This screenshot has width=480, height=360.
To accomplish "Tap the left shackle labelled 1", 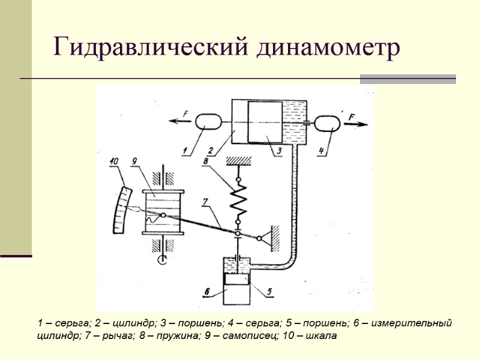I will pos(207,122).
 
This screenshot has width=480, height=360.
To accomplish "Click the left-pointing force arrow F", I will pos(178,121).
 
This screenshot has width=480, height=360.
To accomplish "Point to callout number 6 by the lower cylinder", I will pos(206,292).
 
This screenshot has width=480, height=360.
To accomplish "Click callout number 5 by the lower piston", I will pos(269,292).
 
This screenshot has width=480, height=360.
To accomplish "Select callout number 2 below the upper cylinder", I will pos(209,151).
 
